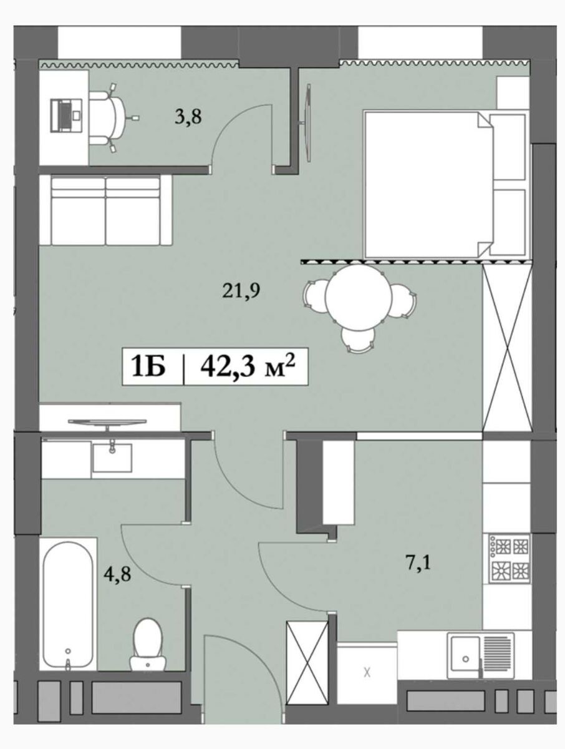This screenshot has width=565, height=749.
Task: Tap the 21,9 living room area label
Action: [241, 290]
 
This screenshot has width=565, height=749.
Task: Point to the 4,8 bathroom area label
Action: [117, 574]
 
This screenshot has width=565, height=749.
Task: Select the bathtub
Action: [68, 604]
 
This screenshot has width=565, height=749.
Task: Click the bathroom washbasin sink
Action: [112, 458]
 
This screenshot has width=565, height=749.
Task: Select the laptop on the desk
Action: [65, 115]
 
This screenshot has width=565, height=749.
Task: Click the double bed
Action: [445, 184]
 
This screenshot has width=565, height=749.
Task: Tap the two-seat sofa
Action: [105, 210]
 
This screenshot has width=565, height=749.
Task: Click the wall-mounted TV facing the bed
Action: [308, 123]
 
